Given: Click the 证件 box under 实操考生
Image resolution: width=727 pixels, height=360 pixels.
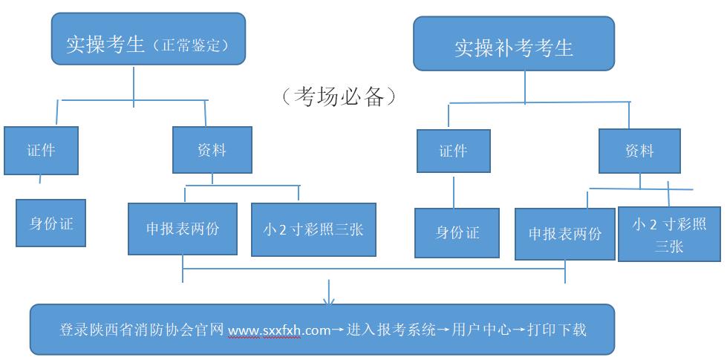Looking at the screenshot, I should [x=41, y=151].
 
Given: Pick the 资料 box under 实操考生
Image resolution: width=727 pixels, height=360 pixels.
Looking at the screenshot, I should [x=212, y=151].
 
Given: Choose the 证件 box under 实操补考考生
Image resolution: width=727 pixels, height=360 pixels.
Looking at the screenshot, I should [x=453, y=151].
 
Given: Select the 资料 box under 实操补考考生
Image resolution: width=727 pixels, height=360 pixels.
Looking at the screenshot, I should [x=639, y=151].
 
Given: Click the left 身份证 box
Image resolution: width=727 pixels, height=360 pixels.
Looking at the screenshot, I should [x=51, y=223].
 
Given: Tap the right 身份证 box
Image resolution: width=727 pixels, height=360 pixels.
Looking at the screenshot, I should [x=457, y=232].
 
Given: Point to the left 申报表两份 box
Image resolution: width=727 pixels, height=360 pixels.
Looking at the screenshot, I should [x=183, y=229].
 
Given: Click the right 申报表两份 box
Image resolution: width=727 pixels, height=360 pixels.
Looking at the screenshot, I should [x=565, y=234].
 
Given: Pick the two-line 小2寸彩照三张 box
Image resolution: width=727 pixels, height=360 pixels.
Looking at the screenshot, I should [x=668, y=234].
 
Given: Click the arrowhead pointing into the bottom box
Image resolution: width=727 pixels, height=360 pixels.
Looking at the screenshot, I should [x=330, y=300].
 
